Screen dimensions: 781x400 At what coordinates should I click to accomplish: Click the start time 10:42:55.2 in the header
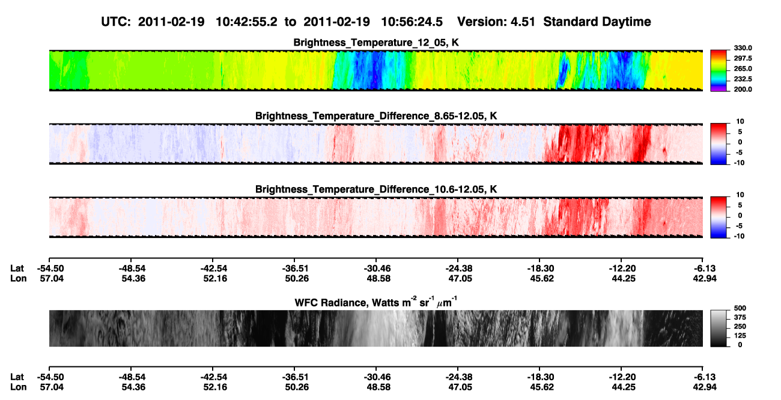tap(246, 22)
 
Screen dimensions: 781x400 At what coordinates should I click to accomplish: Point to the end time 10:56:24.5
tap(412, 22)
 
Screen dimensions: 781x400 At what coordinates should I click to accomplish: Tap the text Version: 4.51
tap(496, 22)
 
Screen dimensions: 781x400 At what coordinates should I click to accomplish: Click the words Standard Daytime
tap(597, 22)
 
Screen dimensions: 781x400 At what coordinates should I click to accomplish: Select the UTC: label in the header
tap(116, 22)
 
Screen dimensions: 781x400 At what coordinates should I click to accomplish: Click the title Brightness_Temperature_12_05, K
tap(376, 43)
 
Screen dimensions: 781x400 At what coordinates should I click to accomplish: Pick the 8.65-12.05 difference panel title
tap(376, 116)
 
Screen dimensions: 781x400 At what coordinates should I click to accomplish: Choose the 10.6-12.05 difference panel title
tap(376, 190)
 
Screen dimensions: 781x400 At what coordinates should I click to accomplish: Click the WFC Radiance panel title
tap(376, 302)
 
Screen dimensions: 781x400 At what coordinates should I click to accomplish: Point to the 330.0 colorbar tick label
tap(743, 48)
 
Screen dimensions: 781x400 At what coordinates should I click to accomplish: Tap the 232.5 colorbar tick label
tap(743, 79)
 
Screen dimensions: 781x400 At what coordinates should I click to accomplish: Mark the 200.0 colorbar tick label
tap(743, 89)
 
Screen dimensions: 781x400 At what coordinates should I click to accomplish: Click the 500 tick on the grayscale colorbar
tap(740, 308)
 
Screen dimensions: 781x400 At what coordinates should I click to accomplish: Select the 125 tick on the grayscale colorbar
tap(740, 336)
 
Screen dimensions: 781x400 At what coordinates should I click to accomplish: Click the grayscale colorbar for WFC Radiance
tap(719, 328)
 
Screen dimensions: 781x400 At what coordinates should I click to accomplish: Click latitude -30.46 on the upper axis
tap(377, 269)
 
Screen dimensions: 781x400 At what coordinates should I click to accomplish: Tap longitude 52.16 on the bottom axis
tap(215, 387)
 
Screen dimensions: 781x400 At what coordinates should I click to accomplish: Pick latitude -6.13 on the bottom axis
tap(704, 377)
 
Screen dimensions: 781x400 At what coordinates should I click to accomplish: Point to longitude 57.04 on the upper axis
tap(52, 278)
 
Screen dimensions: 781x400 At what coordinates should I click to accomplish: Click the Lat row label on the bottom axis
tap(17, 377)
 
